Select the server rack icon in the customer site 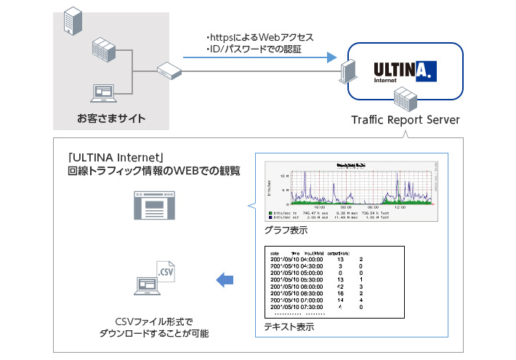104,51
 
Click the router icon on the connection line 169,71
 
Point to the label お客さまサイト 111,119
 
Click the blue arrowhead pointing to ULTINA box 332,56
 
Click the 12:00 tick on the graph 398,206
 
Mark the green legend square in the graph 270,212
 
